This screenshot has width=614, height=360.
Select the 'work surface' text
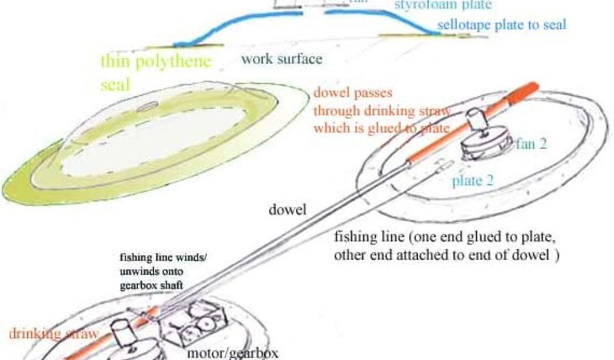tap(282, 59)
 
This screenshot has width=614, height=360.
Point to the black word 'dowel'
tap(288, 211)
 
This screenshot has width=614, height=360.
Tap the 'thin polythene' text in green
tap(156, 62)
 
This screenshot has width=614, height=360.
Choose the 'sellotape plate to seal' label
tap(502, 25)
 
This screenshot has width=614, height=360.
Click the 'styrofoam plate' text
tap(443, 5)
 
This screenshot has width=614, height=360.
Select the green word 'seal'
tap(115, 85)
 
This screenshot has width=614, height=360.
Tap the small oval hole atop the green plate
tap(148, 108)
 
